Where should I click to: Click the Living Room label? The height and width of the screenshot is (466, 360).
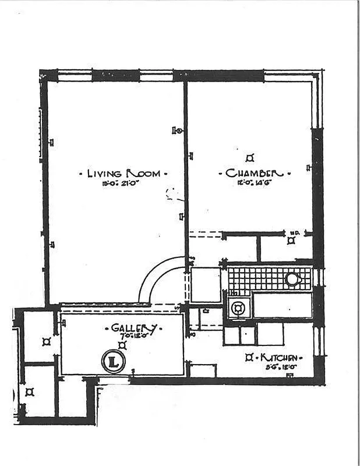(x=124, y=174)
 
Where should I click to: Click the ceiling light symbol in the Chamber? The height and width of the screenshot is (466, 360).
(x=250, y=157)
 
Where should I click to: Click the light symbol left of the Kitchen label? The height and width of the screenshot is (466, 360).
(x=249, y=357)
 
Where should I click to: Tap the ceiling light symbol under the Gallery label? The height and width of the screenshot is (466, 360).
(x=123, y=345)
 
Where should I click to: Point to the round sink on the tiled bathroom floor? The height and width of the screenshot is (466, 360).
(x=292, y=279)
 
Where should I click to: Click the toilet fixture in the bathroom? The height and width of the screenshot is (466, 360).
(x=238, y=307)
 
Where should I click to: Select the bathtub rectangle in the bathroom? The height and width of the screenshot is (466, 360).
(x=283, y=306)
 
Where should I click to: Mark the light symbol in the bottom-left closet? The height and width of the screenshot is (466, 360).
(x=30, y=392)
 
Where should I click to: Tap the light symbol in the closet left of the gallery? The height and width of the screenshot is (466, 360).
(x=46, y=342)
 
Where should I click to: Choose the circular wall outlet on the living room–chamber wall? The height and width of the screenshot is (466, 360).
(x=179, y=131)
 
